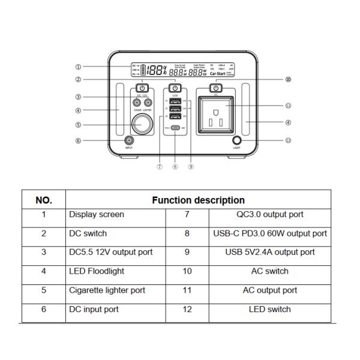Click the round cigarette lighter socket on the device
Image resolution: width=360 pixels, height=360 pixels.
tap(142, 125)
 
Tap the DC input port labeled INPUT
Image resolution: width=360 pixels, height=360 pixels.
tap(128, 141)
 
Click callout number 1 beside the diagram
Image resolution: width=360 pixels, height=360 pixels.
tap(77, 67)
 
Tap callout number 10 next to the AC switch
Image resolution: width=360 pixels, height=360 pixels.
tap(288, 79)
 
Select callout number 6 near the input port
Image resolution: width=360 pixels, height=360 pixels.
tap(77, 141)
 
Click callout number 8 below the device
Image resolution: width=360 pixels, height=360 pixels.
tap(175, 167)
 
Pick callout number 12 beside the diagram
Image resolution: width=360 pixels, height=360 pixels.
tap(288, 141)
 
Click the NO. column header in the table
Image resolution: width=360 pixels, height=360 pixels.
tap(43, 200)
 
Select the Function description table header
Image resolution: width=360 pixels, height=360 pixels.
tap(198, 200)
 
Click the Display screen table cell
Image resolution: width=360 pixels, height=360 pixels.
tap(97, 214)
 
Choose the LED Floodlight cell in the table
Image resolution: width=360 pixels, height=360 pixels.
tap(97, 271)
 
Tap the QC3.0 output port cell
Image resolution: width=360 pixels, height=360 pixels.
tap(269, 214)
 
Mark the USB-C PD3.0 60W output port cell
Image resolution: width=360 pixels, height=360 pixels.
tap(269, 233)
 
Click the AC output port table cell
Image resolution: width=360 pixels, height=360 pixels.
tap(269, 290)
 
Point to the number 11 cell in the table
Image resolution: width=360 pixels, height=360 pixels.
tap(187, 290)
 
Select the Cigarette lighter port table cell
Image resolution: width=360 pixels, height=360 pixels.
tap(107, 290)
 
